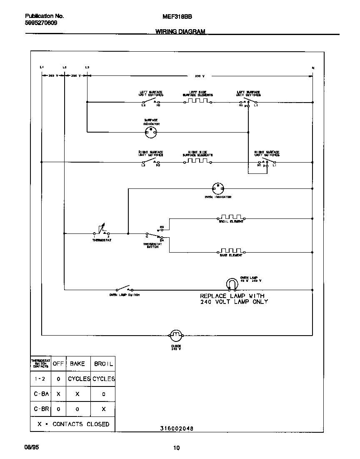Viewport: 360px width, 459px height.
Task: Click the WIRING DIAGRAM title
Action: (x=180, y=31)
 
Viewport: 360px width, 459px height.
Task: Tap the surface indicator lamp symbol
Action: (x=150, y=133)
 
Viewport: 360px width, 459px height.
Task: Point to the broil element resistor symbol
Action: (x=231, y=218)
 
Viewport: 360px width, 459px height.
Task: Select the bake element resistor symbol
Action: (x=231, y=251)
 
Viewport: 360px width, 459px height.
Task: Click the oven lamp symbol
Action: (x=231, y=284)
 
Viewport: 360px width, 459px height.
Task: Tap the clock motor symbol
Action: (x=175, y=335)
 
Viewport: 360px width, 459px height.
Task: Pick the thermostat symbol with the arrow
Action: (x=102, y=230)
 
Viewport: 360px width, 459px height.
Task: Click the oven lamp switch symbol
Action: (x=123, y=289)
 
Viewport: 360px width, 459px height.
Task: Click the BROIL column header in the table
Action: (x=103, y=364)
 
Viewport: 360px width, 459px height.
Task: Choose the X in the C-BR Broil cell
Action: (x=103, y=409)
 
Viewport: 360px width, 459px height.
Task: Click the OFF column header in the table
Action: (x=58, y=364)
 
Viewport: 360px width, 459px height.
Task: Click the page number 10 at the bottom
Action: (x=176, y=448)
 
